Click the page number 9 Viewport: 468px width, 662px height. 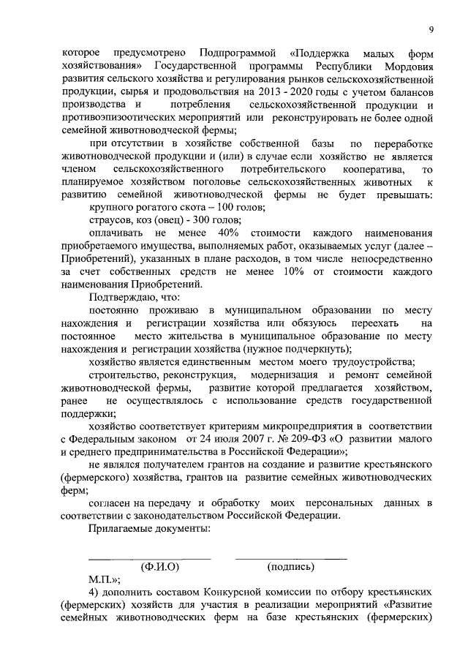431,29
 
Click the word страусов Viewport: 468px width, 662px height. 110,220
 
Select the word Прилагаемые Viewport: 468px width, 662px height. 124,528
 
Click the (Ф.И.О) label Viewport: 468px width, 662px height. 159,565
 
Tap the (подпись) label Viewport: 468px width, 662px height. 291,565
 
